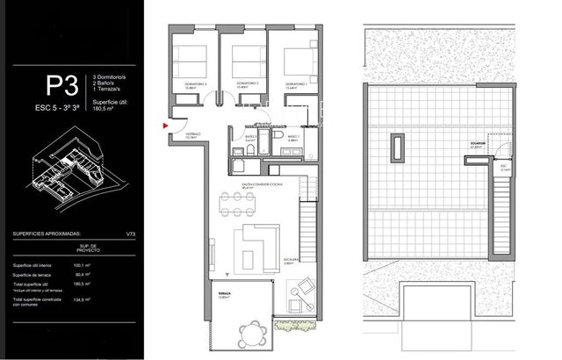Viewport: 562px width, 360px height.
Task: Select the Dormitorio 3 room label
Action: click(x=195, y=85)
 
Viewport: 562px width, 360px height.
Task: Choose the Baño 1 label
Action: click(x=293, y=138)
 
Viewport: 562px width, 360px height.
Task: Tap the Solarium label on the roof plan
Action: click(x=478, y=146)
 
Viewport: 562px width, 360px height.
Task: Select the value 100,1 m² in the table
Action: click(x=83, y=264)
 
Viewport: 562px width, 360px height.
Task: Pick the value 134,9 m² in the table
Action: click(x=83, y=303)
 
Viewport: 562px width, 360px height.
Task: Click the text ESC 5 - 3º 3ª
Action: click(x=59, y=108)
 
